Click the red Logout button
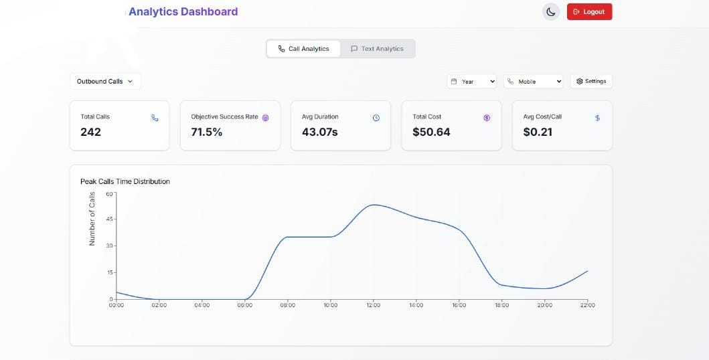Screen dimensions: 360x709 coord(589,12)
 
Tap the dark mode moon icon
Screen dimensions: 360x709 coord(550,12)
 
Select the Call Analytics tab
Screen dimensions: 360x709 coord(303,49)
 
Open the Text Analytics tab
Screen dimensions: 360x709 coord(377,49)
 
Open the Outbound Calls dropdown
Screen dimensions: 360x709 coord(105,82)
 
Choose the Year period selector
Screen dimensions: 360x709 coord(472,82)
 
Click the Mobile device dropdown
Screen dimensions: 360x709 coord(534,82)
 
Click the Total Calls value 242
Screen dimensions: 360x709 coord(91,132)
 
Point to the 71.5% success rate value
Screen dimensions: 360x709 coord(207,132)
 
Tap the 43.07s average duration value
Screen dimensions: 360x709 coord(320,132)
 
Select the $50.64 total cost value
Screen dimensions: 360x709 coord(431,132)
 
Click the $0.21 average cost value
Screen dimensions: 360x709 coord(538,132)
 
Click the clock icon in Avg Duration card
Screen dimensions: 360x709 coord(376,118)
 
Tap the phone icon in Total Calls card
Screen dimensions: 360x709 coord(155,118)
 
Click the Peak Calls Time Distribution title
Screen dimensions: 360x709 coord(125,181)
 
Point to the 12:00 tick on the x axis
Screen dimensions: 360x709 coord(373,305)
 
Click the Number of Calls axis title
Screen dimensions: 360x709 coord(92,219)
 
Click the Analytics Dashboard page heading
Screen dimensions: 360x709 coord(183,11)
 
